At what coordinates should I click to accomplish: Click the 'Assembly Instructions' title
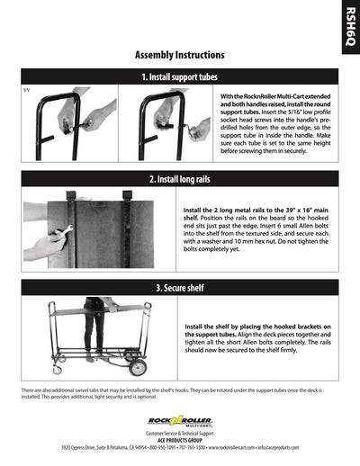179,54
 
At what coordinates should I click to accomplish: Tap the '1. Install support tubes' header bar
179,77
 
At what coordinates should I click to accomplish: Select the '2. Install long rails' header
179,179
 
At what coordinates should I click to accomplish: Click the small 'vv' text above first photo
25,92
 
